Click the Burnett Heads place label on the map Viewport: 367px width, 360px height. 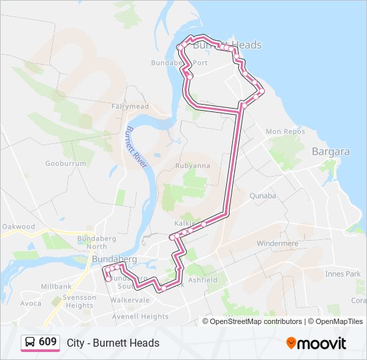(x=227, y=45)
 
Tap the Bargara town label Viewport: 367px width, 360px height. (x=330, y=151)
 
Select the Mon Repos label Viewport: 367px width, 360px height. (x=285, y=132)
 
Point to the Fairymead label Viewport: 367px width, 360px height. (x=130, y=106)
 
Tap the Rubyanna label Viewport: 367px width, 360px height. (x=192, y=165)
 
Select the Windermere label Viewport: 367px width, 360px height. (x=278, y=243)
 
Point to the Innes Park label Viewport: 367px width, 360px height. (x=343, y=274)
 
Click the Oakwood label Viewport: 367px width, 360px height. (x=18, y=227)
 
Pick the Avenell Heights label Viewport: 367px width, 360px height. (x=141, y=317)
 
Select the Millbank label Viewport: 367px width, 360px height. (x=56, y=286)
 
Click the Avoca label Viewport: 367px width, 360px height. (x=30, y=303)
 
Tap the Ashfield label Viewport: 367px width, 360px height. (x=203, y=281)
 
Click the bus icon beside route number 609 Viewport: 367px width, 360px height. (x=30, y=342)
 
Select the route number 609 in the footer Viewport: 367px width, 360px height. (x=47, y=342)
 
